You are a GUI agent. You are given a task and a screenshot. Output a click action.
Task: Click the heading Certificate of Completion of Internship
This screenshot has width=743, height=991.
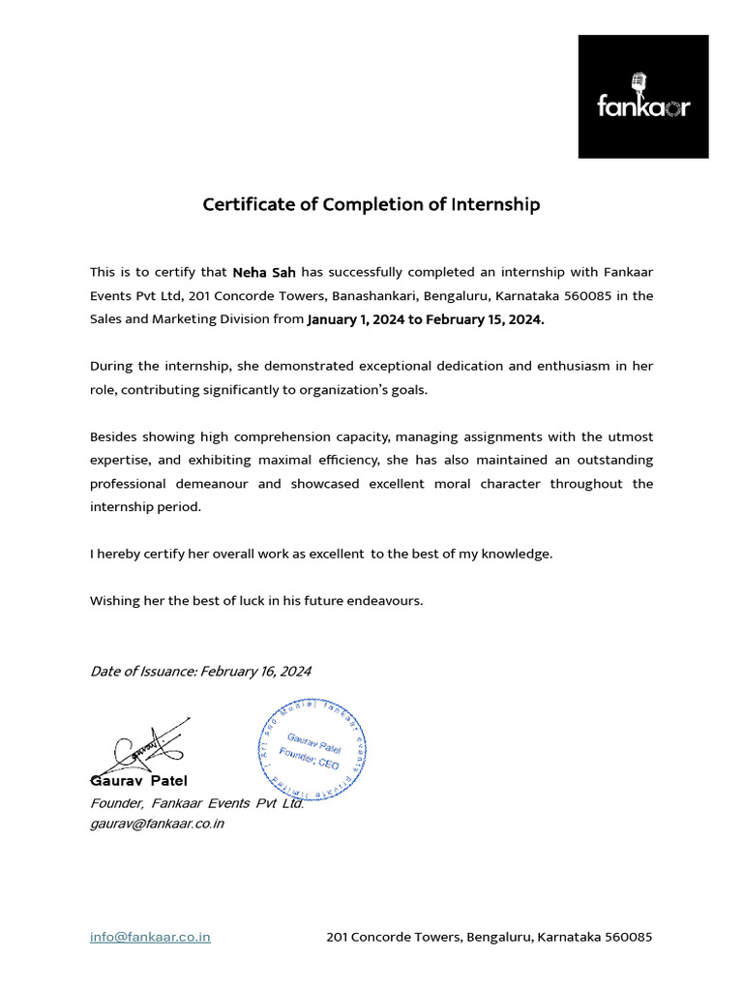click(371, 205)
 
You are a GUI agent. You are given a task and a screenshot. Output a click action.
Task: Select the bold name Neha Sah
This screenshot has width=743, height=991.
click(264, 273)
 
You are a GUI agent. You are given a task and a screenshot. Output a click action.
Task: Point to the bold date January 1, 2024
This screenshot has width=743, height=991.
click(356, 320)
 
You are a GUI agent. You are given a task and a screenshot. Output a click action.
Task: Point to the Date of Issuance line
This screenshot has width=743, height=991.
click(200, 672)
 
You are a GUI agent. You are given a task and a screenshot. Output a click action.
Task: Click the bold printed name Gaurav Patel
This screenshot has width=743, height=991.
click(139, 781)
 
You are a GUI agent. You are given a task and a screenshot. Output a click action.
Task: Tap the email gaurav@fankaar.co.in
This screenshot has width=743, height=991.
click(157, 824)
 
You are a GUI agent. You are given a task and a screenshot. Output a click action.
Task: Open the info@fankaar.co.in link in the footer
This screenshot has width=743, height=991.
click(150, 937)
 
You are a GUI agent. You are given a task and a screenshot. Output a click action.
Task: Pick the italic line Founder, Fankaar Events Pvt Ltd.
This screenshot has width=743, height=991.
click(197, 803)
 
